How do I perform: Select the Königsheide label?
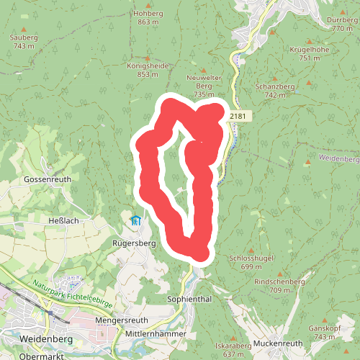[x=148, y=65]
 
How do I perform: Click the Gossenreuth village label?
[x=45, y=179]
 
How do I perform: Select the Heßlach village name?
[x=63, y=220]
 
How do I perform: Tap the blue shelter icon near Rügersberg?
[x=135, y=220]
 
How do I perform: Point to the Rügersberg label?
[x=134, y=243]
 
